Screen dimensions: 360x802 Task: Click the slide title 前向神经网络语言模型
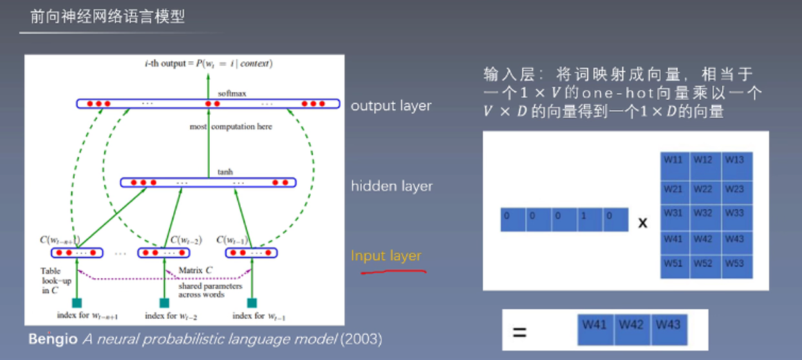[x=107, y=17]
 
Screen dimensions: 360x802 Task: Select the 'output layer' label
[x=391, y=106]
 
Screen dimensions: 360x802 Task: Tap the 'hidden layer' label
[x=391, y=186]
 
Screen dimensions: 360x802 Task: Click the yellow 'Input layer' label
[x=386, y=256]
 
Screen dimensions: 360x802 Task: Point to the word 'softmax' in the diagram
[x=232, y=93]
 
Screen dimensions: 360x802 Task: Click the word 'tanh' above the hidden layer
[x=225, y=172]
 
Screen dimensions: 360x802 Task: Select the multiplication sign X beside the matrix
[x=642, y=223]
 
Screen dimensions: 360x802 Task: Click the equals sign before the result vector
[x=519, y=333]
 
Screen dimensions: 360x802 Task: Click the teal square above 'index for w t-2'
[x=164, y=303]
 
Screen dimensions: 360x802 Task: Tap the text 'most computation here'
[x=231, y=127]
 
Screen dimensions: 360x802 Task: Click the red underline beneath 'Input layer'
[x=393, y=272]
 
